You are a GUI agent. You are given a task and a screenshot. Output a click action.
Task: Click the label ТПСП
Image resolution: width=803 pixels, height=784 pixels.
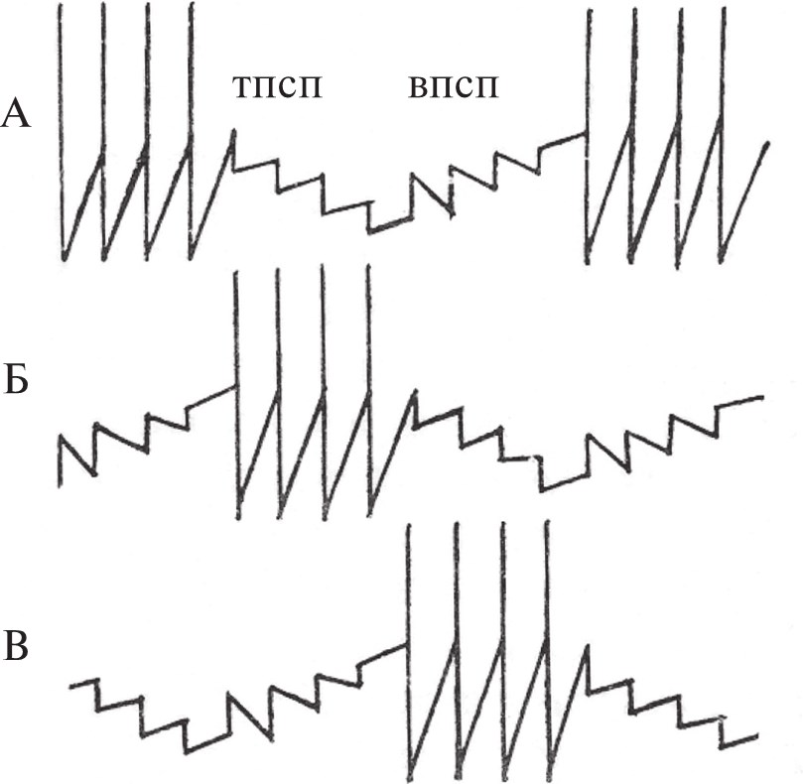(278, 87)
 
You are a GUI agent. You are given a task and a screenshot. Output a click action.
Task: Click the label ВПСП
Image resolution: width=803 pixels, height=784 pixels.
(454, 87)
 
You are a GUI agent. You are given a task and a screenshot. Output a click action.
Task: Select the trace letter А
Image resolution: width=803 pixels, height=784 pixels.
(16, 113)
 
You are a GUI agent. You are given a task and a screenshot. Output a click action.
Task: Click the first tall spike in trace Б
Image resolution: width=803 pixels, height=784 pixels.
(236, 394)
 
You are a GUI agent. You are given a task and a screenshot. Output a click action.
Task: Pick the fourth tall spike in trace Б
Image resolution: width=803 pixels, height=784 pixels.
(368, 392)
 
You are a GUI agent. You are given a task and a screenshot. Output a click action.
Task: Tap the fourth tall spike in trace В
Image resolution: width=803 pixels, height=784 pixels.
(548, 649)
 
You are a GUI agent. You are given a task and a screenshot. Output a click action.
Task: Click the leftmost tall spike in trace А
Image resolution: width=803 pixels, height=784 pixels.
(62, 132)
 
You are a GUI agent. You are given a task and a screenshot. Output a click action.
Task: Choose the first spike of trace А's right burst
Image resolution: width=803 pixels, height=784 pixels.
(588, 136)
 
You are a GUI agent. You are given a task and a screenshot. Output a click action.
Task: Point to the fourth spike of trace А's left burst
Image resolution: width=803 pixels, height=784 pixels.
(191, 131)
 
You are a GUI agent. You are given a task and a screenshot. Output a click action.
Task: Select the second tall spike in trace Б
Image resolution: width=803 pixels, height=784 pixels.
(279, 393)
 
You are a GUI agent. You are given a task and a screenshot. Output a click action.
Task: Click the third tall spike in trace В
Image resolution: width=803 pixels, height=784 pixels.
(503, 649)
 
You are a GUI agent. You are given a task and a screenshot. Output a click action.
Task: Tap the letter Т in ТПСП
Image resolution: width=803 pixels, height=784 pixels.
(242, 87)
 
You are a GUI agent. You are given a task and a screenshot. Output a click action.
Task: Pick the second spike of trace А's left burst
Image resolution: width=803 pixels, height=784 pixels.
(103, 132)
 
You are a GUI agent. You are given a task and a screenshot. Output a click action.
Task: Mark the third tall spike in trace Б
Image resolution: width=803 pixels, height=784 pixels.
(324, 392)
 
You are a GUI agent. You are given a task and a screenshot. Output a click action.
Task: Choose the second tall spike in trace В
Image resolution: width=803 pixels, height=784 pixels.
(457, 649)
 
